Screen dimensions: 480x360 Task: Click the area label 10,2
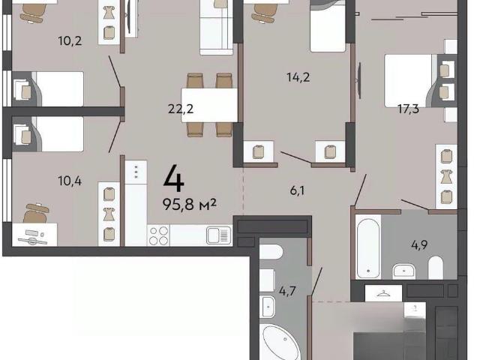[x=70, y=40]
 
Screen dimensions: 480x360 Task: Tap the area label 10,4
[x=70, y=181]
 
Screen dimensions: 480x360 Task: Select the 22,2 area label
[x=181, y=109]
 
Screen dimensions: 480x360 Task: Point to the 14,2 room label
[x=298, y=76]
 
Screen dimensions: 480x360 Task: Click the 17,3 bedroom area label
[x=408, y=109]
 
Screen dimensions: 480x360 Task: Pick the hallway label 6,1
[x=297, y=190]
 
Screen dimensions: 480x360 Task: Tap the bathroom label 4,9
[x=419, y=245]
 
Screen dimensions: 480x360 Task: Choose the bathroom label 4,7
[x=287, y=291]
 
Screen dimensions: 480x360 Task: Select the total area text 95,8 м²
[x=190, y=204]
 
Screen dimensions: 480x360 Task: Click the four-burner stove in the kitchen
[x=158, y=235]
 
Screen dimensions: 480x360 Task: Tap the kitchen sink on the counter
[x=218, y=235]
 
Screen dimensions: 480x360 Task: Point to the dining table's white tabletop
[x=209, y=105]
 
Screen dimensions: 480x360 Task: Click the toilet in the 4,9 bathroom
[x=436, y=268]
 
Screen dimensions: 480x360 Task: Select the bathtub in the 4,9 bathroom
[x=368, y=247]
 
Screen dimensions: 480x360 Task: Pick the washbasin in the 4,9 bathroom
[x=404, y=271]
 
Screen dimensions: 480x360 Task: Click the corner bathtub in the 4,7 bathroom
[x=280, y=343]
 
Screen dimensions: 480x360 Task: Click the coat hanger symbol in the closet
[x=383, y=293]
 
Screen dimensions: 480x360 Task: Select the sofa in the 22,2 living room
[x=217, y=28]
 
